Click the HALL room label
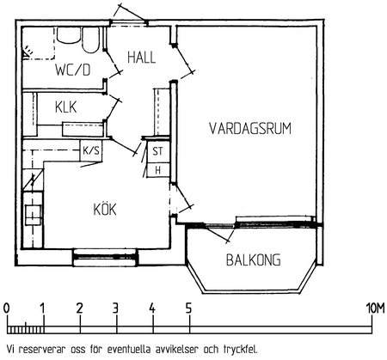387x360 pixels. pyautogui.click(x=141, y=58)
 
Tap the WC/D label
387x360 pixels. pyautogui.click(x=73, y=70)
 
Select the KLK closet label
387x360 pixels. pyautogui.click(x=66, y=107)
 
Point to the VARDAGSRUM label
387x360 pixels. pyautogui.click(x=250, y=129)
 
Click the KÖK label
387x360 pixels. pyautogui.click(x=105, y=209)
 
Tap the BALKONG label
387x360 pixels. pyautogui.click(x=254, y=260)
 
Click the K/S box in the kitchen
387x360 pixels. pyautogui.click(x=91, y=150)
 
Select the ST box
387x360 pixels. pyautogui.click(x=157, y=151)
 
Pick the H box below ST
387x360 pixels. pyautogui.click(x=158, y=170)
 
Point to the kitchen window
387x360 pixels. pyautogui.click(x=105, y=257)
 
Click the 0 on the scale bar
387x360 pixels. pyautogui.click(x=6, y=308)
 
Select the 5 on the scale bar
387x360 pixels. pyautogui.click(x=188, y=308)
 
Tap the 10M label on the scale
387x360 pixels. pyautogui.click(x=375, y=308)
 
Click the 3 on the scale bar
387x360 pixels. pyautogui.click(x=115, y=308)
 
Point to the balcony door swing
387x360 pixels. pyautogui.click(x=218, y=233)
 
